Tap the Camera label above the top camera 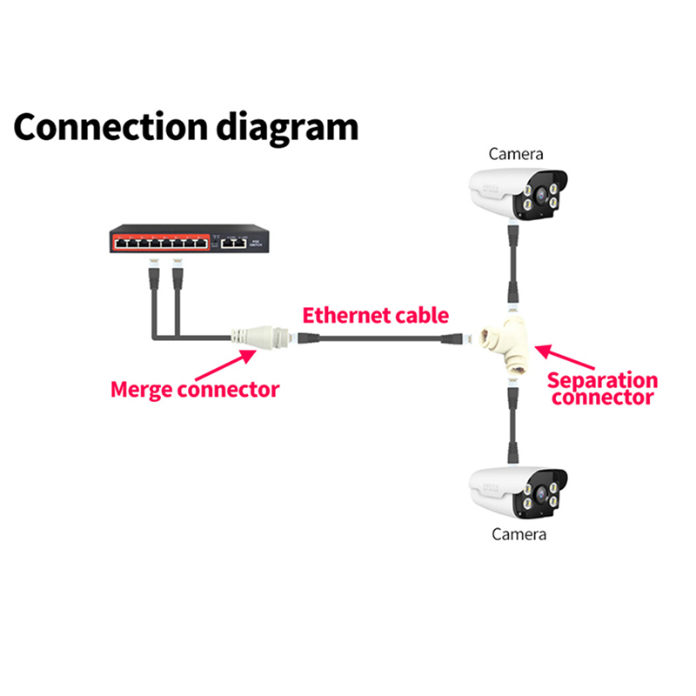coord(516,154)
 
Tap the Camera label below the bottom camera coord(519,533)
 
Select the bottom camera coord(518,491)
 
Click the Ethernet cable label coord(375,315)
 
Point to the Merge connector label coord(195,388)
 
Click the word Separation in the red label coord(602,380)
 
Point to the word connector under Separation coord(602,398)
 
